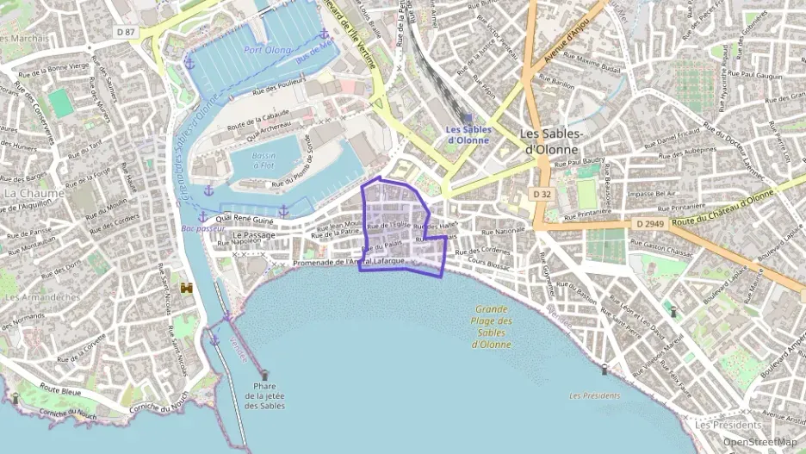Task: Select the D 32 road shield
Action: pyautogui.click(x=542, y=195)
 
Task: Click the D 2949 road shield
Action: pyautogui.click(x=650, y=223)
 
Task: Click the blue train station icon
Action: pyautogui.click(x=467, y=118)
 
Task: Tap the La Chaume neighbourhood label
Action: pyautogui.click(x=34, y=193)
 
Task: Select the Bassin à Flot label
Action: pyautogui.click(x=264, y=159)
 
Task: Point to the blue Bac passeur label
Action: pyautogui.click(x=199, y=229)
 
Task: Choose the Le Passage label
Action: pyautogui.click(x=254, y=234)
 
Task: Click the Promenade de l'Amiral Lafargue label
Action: pyautogui.click(x=348, y=262)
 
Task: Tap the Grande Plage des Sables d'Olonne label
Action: pyautogui.click(x=492, y=327)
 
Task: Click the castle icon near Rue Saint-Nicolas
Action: pyautogui.click(x=186, y=288)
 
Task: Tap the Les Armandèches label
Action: pyautogui.click(x=42, y=297)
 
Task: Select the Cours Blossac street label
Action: pyautogui.click(x=489, y=261)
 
